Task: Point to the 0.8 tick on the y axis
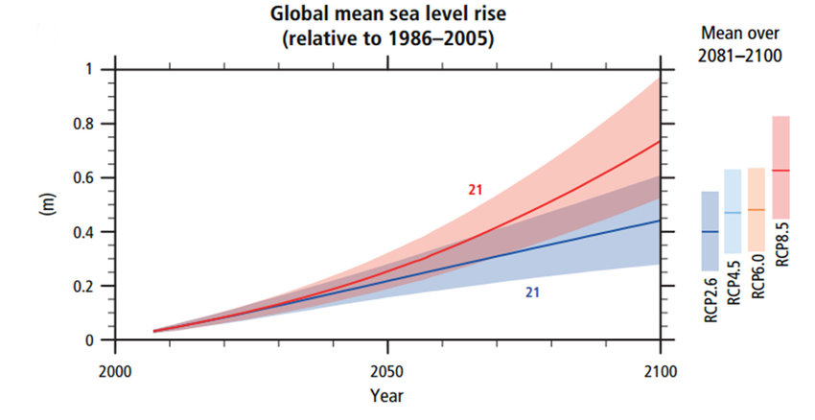click(93, 124)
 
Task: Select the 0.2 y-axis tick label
click(93, 287)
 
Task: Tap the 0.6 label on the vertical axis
click(93, 178)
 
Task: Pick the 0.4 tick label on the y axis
click(93, 232)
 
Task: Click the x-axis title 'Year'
click(387, 395)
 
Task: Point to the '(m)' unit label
click(43, 205)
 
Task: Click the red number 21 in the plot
click(475, 190)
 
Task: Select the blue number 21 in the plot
click(532, 292)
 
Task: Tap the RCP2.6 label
click(710, 305)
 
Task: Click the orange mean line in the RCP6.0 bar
click(756, 210)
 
